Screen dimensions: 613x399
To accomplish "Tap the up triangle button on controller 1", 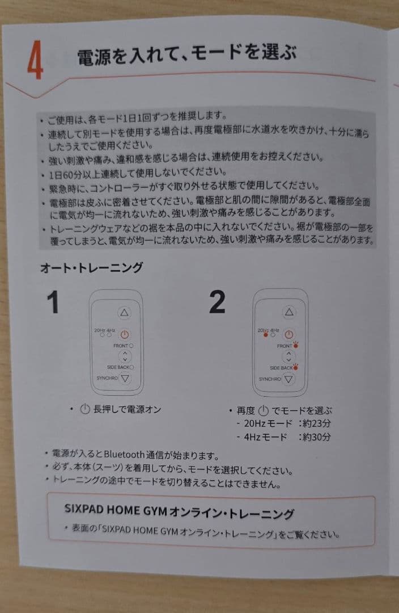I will click(125, 313).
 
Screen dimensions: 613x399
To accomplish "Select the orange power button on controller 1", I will click(125, 335).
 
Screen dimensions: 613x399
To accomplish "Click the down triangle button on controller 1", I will click(125, 379).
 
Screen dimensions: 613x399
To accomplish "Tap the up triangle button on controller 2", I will click(290, 312).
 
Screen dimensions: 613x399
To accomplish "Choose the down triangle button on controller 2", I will click(289, 379).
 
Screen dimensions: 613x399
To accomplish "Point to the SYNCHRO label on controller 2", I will click(270, 379).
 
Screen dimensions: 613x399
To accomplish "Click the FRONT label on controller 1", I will click(120, 346).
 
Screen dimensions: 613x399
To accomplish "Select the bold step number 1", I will click(53, 303).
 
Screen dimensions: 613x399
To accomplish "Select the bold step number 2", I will click(217, 303).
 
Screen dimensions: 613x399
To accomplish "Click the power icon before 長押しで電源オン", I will click(85, 409).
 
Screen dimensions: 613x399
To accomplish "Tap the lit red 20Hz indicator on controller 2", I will click(265, 335).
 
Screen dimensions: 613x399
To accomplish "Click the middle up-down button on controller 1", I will click(125, 356).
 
